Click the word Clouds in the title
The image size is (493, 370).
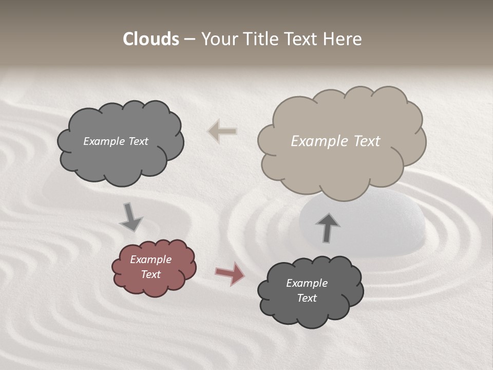click(151, 39)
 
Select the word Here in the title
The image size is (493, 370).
click(345, 39)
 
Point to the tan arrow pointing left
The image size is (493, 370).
click(222, 132)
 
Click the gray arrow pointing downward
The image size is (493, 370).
click(130, 217)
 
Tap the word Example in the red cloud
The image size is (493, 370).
click(150, 260)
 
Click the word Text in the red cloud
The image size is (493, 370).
click(151, 274)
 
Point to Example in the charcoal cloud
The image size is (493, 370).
click(307, 283)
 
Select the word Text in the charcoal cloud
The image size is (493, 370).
click(307, 298)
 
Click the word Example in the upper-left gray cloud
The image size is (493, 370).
click(103, 141)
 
